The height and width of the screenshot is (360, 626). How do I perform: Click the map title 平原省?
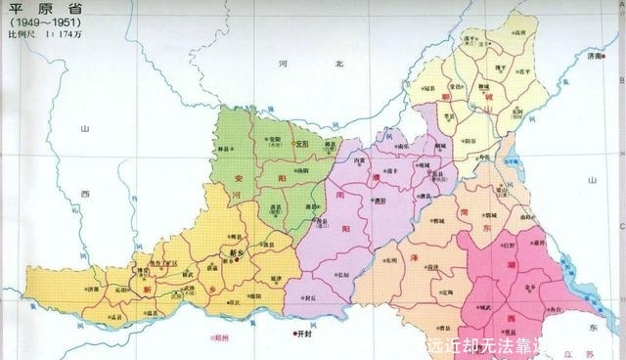point(31,10)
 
